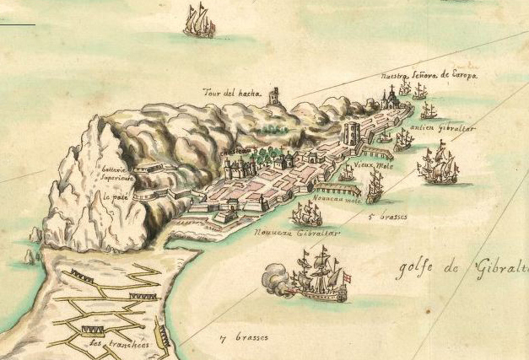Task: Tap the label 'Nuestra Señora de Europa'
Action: (x=429, y=76)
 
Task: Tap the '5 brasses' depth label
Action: (x=387, y=217)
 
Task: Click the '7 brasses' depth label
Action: (x=244, y=337)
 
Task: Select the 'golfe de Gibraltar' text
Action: (x=462, y=270)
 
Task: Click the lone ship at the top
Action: (x=199, y=20)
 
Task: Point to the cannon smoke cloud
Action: (x=276, y=277)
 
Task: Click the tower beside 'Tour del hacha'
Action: (x=274, y=97)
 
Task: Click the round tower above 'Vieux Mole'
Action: (x=353, y=134)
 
